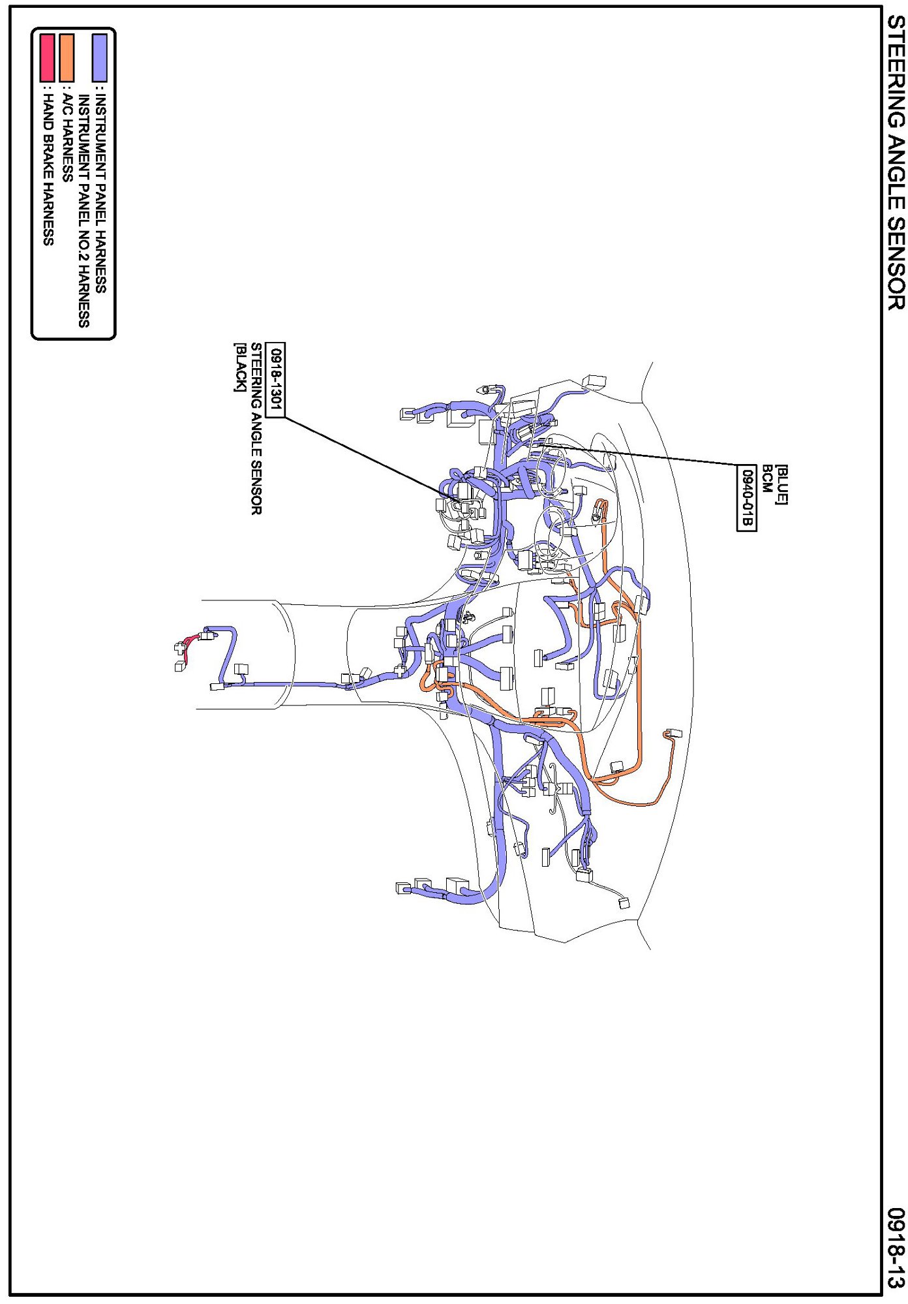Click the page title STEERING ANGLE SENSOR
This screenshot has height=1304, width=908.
[895, 163]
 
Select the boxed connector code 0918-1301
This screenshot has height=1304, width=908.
[276, 379]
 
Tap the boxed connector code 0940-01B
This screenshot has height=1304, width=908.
[746, 498]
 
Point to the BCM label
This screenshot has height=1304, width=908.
[767, 479]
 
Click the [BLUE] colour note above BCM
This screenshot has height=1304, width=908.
[781, 484]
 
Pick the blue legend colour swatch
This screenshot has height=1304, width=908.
[99, 57]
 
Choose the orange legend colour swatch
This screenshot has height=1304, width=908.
[66, 57]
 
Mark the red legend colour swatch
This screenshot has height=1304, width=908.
[47, 57]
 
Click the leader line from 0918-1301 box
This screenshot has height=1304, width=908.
[365, 457]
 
